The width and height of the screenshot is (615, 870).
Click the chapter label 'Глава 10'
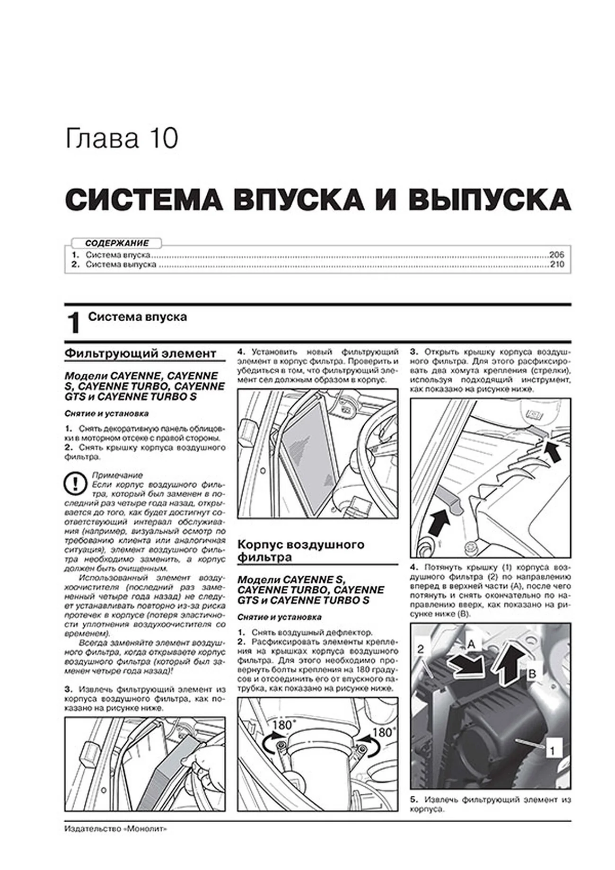click(x=122, y=139)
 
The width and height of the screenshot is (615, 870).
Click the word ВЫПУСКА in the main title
click(x=489, y=200)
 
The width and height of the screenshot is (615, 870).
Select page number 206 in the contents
click(x=557, y=255)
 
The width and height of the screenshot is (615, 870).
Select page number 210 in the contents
click(x=557, y=264)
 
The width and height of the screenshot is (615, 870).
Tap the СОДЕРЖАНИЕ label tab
click(x=117, y=243)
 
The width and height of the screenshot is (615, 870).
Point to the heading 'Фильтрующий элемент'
click(x=141, y=353)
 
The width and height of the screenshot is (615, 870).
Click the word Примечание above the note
click(x=117, y=475)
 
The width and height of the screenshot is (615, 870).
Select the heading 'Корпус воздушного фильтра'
click(x=301, y=551)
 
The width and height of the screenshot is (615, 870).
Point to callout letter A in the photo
click(x=471, y=643)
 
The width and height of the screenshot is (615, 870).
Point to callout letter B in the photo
click(x=532, y=674)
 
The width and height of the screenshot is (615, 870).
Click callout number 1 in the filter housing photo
click(x=552, y=750)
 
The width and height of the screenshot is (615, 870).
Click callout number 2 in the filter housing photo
click(x=421, y=649)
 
